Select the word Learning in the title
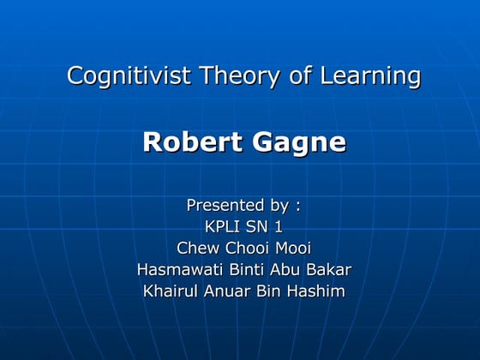[370, 76]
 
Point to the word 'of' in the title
[300, 76]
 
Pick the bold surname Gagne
[299, 142]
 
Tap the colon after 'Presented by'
[297, 207]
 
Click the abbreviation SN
[258, 227]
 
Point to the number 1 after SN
[278, 227]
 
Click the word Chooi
[244, 249]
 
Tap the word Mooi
[292, 249]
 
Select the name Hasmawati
[178, 270]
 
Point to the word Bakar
[329, 270]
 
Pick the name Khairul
[171, 291]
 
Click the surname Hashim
[318, 291]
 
